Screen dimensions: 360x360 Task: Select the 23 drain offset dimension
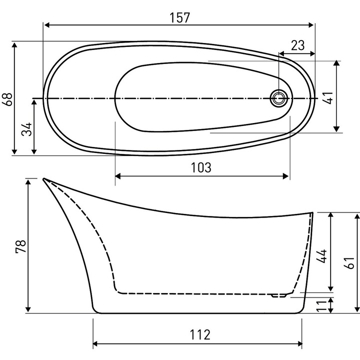pos(297,45)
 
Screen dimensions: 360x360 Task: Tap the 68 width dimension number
pos(7,98)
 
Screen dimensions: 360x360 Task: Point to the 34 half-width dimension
pos(27,129)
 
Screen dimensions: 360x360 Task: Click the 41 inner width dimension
pos(328,96)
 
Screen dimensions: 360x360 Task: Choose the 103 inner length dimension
pos(201,167)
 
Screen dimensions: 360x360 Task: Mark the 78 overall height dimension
pos(21,246)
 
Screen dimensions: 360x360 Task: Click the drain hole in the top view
pos(278,98)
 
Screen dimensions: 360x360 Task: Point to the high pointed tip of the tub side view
pos(44,179)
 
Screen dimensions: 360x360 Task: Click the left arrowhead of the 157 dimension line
pos(46,24)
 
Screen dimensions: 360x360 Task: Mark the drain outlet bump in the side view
pos(278,295)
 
